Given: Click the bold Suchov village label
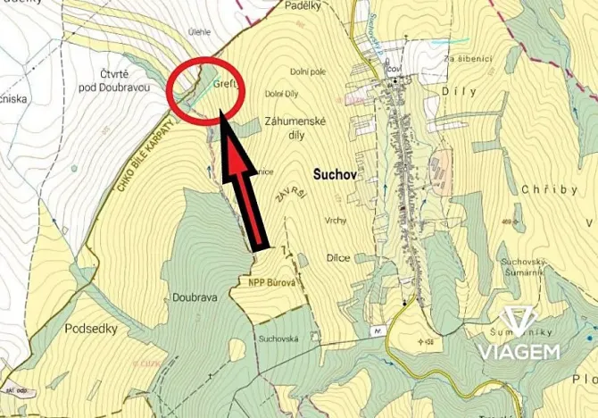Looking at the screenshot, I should pyautogui.click(x=335, y=175).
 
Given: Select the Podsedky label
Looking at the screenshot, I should pyautogui.click(x=91, y=328).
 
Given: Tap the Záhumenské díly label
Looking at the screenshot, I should pyautogui.click(x=292, y=127).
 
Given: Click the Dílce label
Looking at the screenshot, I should pyautogui.click(x=337, y=258).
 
